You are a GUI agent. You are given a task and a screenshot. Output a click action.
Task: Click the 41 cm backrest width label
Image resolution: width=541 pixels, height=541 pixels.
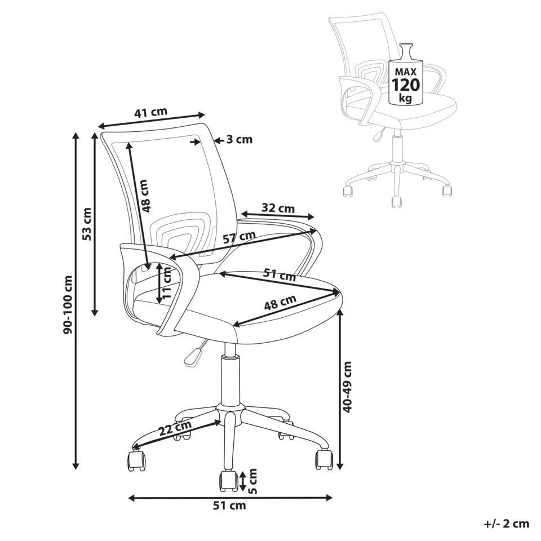point(150,113)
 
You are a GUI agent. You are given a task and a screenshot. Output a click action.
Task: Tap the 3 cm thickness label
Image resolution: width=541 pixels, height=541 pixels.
point(240,139)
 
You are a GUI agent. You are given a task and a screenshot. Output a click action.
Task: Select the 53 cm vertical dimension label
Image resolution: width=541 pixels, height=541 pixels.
point(87,224)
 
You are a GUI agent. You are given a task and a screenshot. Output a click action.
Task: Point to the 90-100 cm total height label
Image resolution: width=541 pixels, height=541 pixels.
point(68,304)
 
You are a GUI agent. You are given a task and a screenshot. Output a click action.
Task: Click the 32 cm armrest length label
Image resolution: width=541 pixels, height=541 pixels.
point(278,209)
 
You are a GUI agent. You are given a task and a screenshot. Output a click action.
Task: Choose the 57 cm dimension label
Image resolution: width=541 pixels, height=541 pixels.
point(239,237)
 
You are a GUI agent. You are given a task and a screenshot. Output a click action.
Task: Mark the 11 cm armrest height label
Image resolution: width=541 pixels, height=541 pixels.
point(167,282)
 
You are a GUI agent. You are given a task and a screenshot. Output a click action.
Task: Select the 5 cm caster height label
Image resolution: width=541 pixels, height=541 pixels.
point(253,481)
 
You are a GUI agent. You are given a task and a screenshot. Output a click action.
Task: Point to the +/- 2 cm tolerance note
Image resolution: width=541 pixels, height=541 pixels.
point(507,524)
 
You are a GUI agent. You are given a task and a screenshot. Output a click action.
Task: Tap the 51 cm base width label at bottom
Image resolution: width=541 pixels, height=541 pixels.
point(229,506)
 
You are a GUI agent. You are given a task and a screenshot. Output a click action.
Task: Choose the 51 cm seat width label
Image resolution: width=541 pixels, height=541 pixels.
point(280,274)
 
